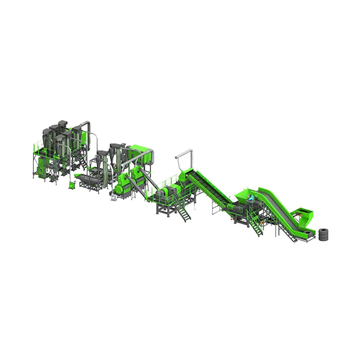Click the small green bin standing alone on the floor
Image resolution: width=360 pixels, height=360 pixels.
click(x=70, y=185)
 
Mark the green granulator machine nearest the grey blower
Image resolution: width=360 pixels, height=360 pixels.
click(x=121, y=184)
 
